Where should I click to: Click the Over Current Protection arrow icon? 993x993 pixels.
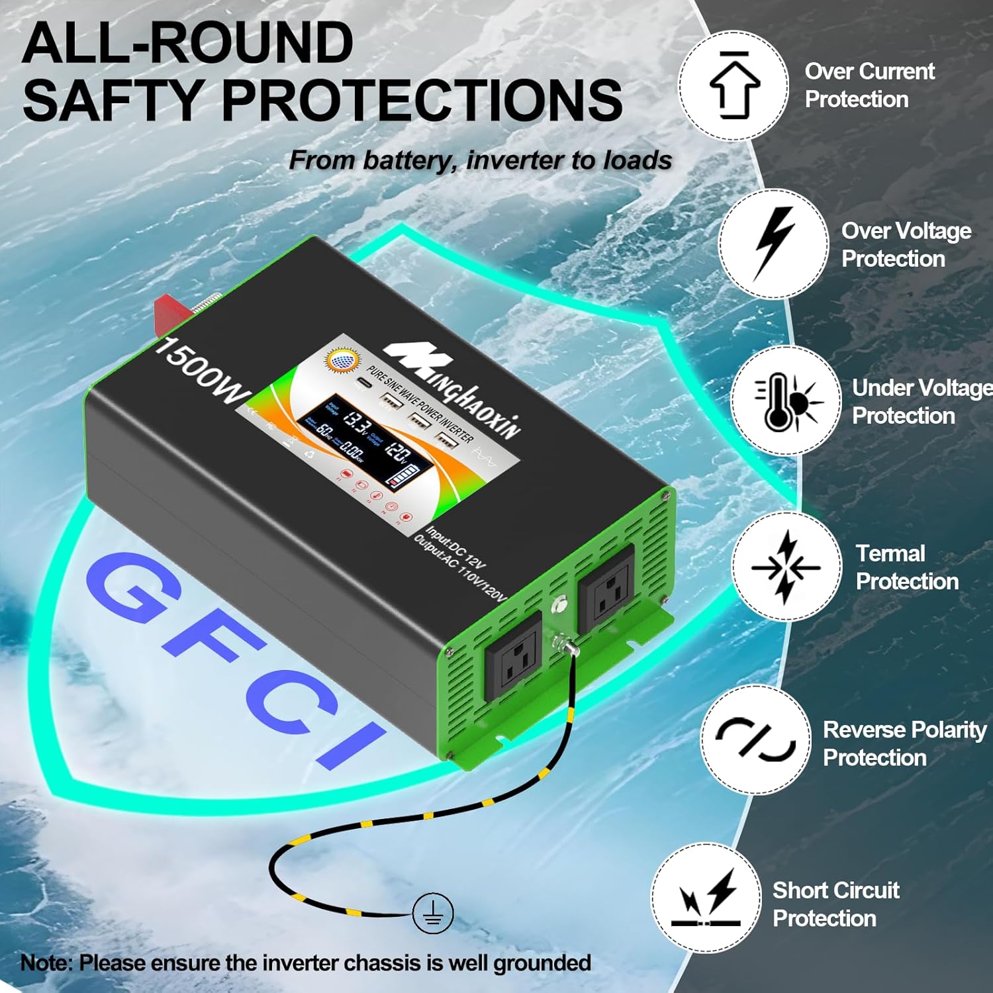[733, 85]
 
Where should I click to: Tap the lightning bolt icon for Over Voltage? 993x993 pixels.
[774, 243]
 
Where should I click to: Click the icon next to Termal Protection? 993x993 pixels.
[786, 567]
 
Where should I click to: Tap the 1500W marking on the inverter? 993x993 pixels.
[199, 371]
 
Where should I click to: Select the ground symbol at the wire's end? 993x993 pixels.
[433, 914]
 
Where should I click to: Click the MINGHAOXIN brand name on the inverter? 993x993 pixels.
[457, 391]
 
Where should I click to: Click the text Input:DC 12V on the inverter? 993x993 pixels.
[457, 547]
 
